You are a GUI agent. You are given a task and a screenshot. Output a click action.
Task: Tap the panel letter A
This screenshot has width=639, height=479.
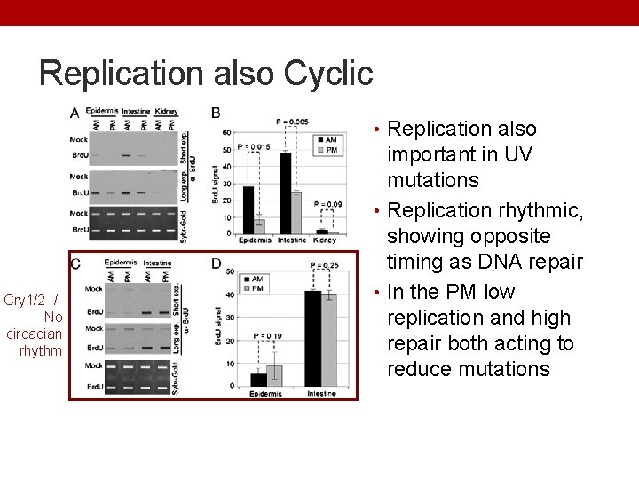coord(75,113)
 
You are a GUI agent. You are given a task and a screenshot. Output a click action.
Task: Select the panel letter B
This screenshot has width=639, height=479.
coord(217,113)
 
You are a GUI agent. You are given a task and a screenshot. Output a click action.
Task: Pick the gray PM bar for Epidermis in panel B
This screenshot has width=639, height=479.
coord(259,226)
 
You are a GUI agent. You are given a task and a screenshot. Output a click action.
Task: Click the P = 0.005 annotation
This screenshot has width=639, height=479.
coord(292,122)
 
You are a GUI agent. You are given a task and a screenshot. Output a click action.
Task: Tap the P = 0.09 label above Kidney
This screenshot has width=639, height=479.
coord(327,205)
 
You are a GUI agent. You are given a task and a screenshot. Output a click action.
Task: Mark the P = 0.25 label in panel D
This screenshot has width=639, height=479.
coord(325,265)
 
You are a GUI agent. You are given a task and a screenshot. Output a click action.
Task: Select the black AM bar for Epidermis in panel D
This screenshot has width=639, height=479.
coord(258,379)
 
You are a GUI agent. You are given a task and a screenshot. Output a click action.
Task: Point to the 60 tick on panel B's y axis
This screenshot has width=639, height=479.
coord(227,132)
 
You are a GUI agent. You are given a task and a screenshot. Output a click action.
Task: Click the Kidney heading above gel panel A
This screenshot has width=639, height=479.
coord(166,111)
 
